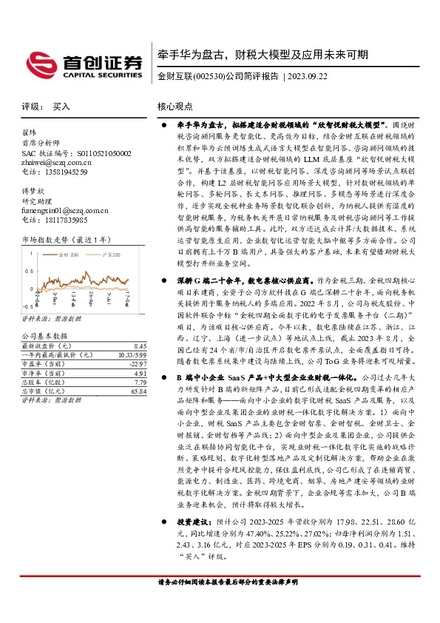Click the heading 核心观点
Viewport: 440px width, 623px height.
click(x=175, y=107)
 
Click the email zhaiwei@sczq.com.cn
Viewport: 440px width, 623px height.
click(x=54, y=163)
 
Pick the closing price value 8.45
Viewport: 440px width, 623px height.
click(x=140, y=346)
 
